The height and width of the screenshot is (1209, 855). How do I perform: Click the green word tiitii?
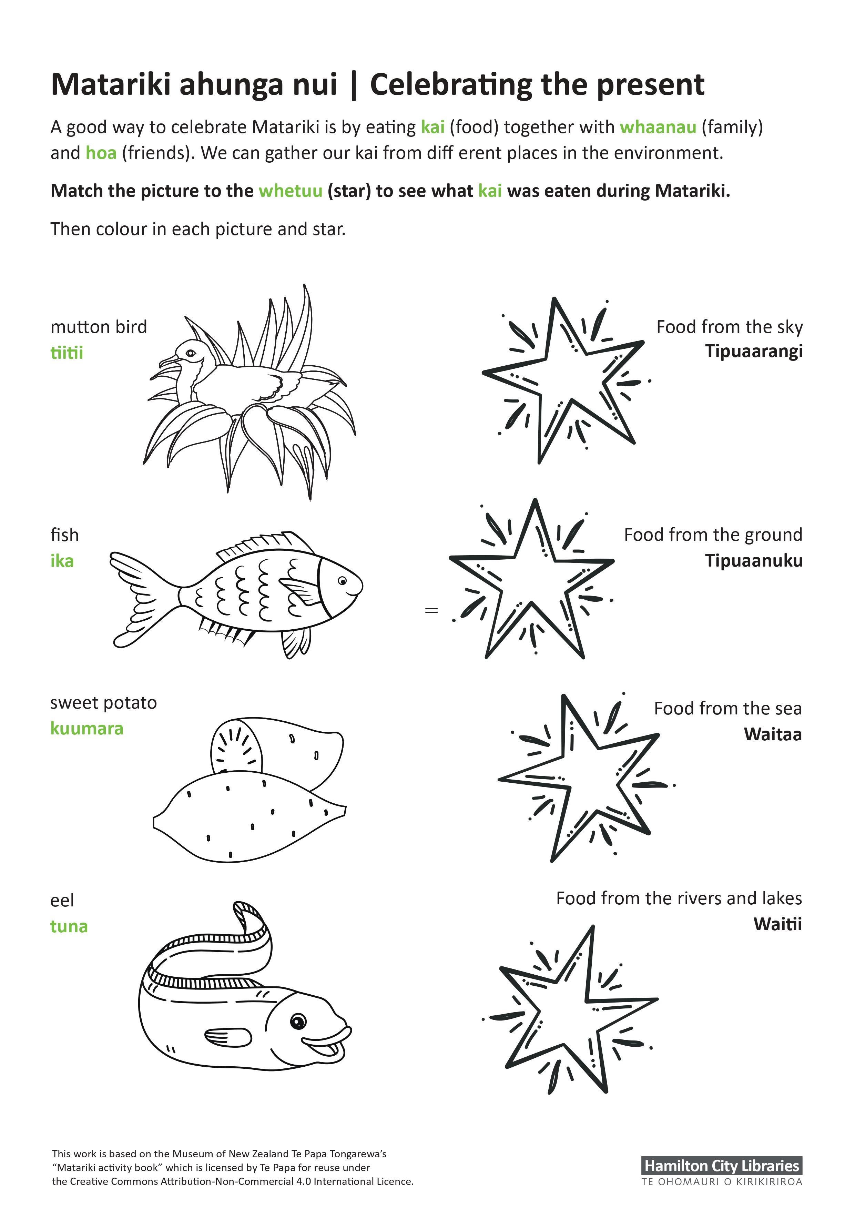tap(67, 353)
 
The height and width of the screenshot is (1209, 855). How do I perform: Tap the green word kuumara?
tap(86, 729)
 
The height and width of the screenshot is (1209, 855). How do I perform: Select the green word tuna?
tap(69, 926)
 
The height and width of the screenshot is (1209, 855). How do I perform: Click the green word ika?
tap(62, 561)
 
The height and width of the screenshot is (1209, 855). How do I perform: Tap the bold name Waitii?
tap(777, 924)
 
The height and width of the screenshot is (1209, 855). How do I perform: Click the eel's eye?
tap(298, 1022)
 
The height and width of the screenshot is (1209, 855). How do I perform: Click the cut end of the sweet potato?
tap(236, 745)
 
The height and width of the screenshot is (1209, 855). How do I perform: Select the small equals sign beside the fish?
tap(431, 611)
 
